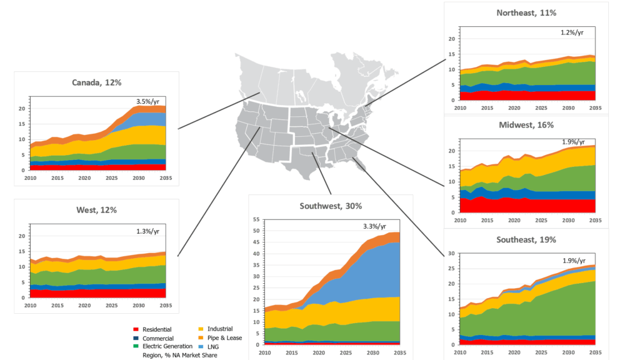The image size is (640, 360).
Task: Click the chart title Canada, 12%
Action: pos(96,83)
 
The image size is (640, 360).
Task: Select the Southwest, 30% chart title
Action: pos(331,206)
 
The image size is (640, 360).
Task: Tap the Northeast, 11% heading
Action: pos(526,12)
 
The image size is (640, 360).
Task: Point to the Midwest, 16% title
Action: pos(526,125)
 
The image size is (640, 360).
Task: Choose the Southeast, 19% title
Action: pos(526,239)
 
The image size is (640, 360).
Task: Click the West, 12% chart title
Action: pos(96,211)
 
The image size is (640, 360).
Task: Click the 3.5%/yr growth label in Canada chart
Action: pos(148,101)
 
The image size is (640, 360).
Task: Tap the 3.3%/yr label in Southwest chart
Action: pos(374,226)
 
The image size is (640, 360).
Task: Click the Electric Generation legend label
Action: pos(167,346)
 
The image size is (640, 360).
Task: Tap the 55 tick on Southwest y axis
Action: pos(255,219)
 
